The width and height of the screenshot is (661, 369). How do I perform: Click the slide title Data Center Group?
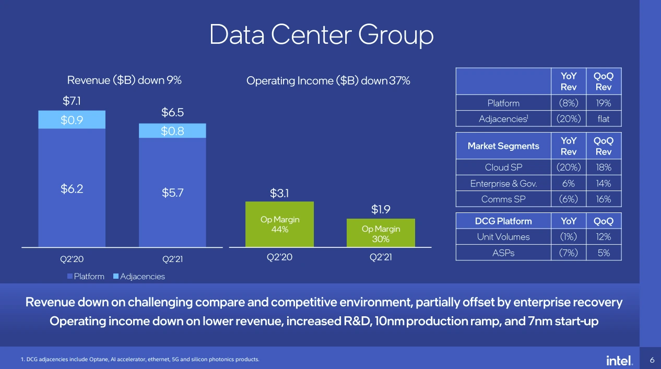pos(321,35)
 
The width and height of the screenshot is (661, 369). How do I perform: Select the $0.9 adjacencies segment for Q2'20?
pos(72,120)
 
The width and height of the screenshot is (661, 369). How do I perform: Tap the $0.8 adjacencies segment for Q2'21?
pos(172,130)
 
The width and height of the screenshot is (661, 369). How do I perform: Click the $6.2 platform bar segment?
pos(72,188)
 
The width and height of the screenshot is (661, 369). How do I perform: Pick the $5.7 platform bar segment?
pos(172,192)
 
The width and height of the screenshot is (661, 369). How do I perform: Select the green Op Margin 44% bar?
pos(279,224)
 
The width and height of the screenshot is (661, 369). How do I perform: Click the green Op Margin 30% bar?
pos(381,233)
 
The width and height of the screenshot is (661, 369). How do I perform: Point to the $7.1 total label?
pos(72,101)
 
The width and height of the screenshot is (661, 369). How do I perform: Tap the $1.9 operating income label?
pos(381,209)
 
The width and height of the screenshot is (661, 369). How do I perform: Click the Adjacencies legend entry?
pos(139,277)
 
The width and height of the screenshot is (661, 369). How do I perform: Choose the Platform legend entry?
pos(86,277)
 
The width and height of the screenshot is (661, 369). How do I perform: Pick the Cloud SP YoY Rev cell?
pos(569,167)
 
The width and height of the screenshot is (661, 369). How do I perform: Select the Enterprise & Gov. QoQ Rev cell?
pos(604,184)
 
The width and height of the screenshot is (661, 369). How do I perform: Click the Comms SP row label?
pos(503,199)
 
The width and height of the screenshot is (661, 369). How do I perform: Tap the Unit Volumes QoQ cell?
pos(604,236)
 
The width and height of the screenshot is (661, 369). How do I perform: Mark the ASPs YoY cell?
pos(569,253)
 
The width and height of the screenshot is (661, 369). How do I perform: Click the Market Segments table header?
pos(503,146)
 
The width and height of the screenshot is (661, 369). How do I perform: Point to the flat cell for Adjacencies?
pos(604,119)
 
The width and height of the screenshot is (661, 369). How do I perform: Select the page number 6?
pos(652,360)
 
